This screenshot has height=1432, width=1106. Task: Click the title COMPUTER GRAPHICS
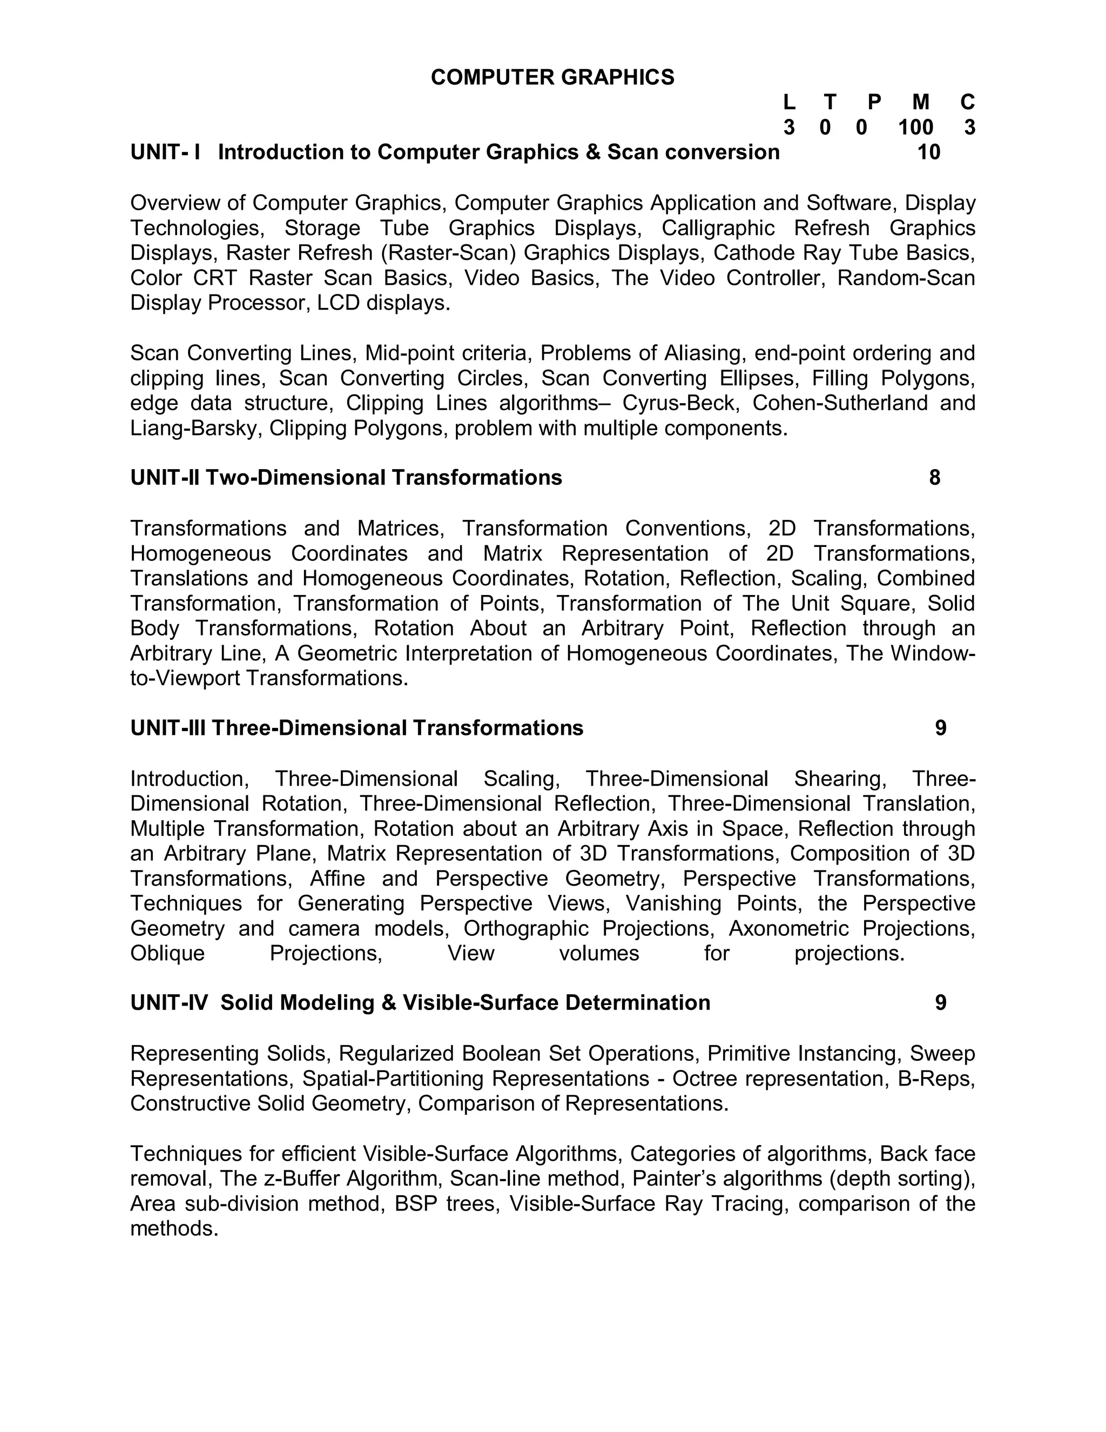point(552,77)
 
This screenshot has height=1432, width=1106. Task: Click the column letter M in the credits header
point(921,102)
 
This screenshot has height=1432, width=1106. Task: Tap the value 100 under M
point(915,127)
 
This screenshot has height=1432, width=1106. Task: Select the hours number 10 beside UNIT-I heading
point(928,152)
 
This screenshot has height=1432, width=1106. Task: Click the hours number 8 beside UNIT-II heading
point(934,477)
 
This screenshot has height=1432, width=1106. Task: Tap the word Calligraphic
point(718,228)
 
